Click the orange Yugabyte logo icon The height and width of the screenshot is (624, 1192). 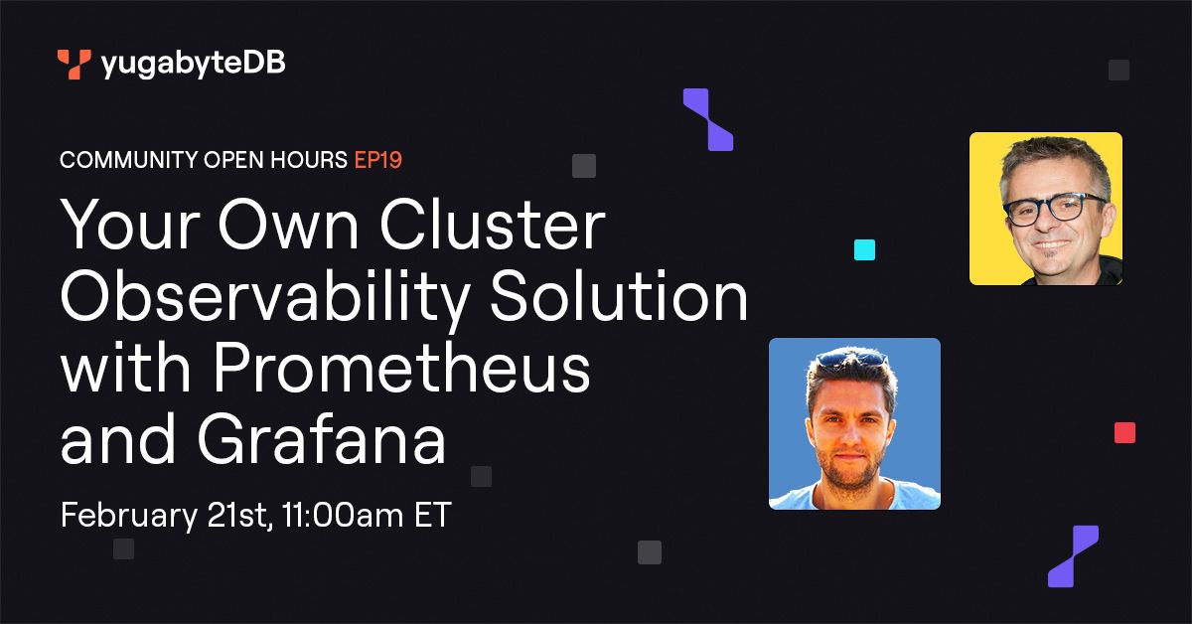[x=74, y=64]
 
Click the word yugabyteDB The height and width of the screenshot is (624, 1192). [x=193, y=65]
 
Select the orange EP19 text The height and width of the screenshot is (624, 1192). [x=378, y=160]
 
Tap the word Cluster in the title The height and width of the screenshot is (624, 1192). [x=493, y=224]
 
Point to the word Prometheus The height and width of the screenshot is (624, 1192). [x=401, y=368]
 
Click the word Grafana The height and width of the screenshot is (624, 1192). [x=322, y=439]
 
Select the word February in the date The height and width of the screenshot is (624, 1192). [x=129, y=516]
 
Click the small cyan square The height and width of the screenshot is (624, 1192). [x=865, y=249]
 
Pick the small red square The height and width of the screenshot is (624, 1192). [x=1124, y=433]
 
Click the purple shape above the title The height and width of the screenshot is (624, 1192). [x=708, y=120]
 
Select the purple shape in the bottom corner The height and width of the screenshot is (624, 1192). [x=1074, y=556]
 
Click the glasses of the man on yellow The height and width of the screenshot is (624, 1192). [x=1054, y=210]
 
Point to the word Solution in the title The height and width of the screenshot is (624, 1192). [x=619, y=295]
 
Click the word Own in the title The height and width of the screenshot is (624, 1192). [x=288, y=224]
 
